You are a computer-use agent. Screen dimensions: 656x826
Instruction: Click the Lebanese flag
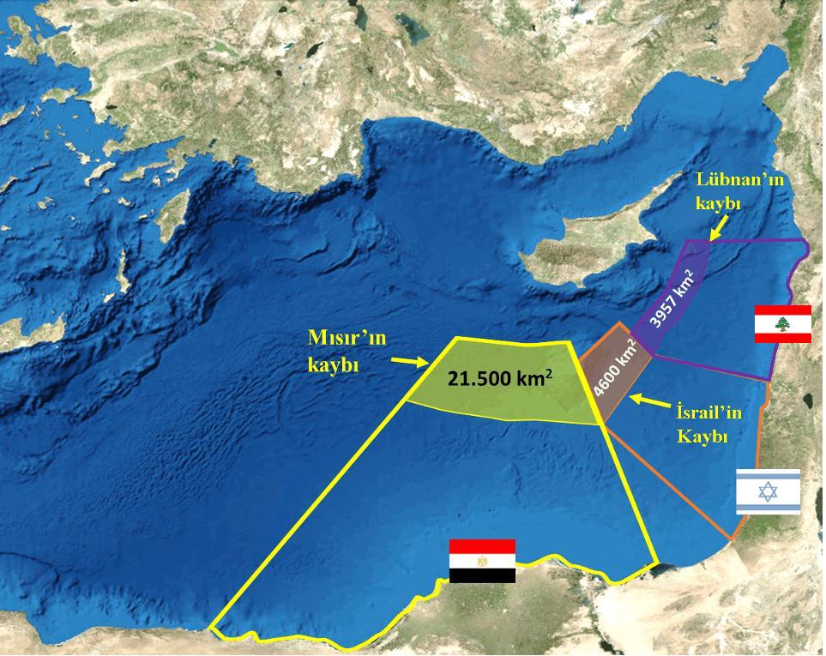click(782, 323)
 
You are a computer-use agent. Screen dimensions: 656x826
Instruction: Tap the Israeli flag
click(768, 491)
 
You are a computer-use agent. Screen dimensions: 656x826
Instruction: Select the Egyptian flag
click(482, 561)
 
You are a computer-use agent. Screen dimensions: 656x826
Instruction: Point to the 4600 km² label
click(614, 370)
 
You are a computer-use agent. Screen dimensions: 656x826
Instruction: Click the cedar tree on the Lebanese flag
click(782, 323)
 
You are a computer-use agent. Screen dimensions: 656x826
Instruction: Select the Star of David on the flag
click(768, 491)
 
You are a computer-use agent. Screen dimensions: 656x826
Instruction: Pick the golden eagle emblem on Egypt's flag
click(482, 562)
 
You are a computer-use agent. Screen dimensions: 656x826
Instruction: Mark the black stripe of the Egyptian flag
click(482, 575)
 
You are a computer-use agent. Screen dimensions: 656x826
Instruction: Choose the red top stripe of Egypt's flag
click(482, 546)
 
